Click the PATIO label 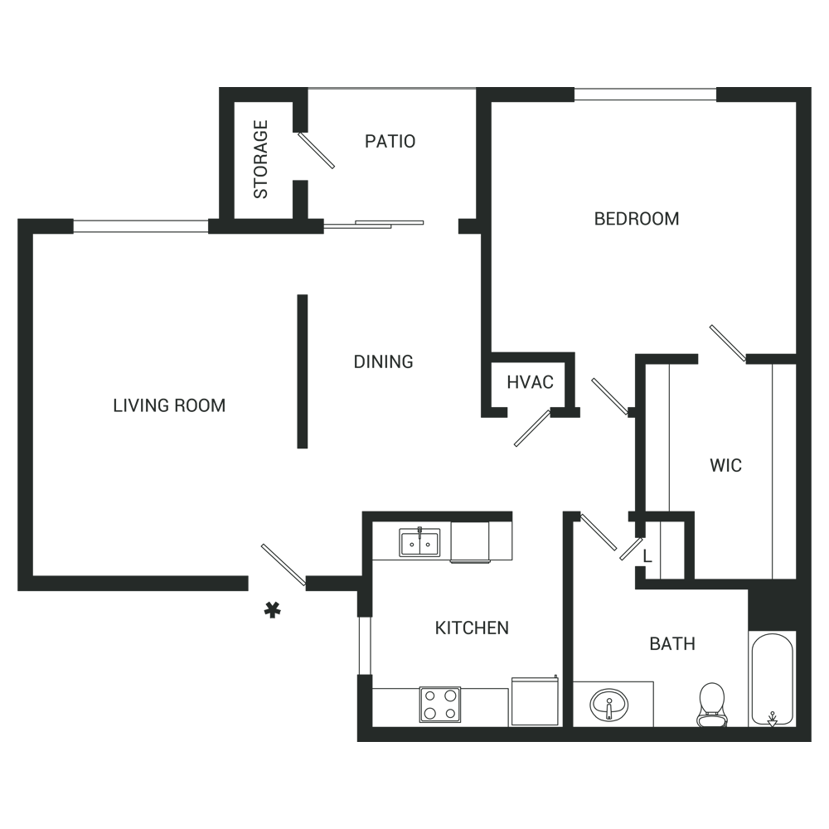390,142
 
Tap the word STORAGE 261,160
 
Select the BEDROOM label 637,219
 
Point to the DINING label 383,361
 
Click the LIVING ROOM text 169,405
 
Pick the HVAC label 530,383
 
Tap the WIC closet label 725,465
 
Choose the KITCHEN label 472,628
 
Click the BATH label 671,643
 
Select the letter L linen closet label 647,558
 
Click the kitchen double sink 420,543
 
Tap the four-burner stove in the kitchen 439,705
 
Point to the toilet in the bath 711,704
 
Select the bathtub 772,680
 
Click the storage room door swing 317,150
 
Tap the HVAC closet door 532,428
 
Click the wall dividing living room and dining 303,371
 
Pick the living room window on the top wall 140,225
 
